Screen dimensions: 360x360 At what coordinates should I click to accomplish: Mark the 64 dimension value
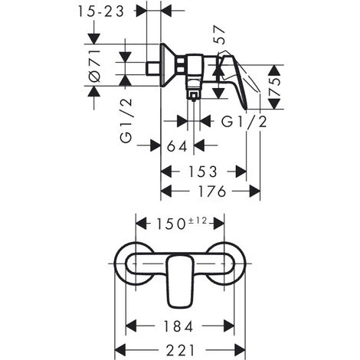click(x=176, y=146)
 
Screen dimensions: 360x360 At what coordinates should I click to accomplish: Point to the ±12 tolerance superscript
click(x=199, y=221)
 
